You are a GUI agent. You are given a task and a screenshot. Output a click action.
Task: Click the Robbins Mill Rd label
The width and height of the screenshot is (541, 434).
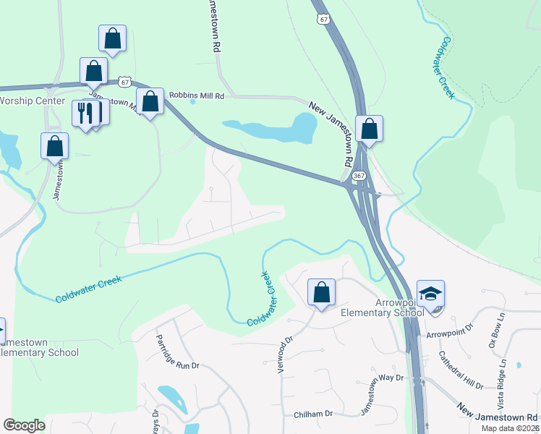point(197,95)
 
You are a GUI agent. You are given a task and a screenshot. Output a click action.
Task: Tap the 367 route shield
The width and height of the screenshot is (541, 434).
point(359,176)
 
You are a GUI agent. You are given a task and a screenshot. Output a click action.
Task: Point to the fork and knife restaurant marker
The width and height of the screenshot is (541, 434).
point(86,113)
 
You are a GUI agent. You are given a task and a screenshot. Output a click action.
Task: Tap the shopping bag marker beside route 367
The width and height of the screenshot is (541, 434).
point(369,129)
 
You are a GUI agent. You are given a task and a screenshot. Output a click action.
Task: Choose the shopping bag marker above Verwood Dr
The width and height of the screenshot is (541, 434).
point(321,293)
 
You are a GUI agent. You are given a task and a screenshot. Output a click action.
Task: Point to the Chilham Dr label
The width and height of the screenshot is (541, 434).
point(312,414)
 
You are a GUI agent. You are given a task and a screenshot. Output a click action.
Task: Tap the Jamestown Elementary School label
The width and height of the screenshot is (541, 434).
point(39,346)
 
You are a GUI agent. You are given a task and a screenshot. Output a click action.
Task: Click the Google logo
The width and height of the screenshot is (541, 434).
point(25,425)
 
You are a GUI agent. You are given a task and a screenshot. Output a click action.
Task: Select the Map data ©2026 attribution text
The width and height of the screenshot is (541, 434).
point(509,428)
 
